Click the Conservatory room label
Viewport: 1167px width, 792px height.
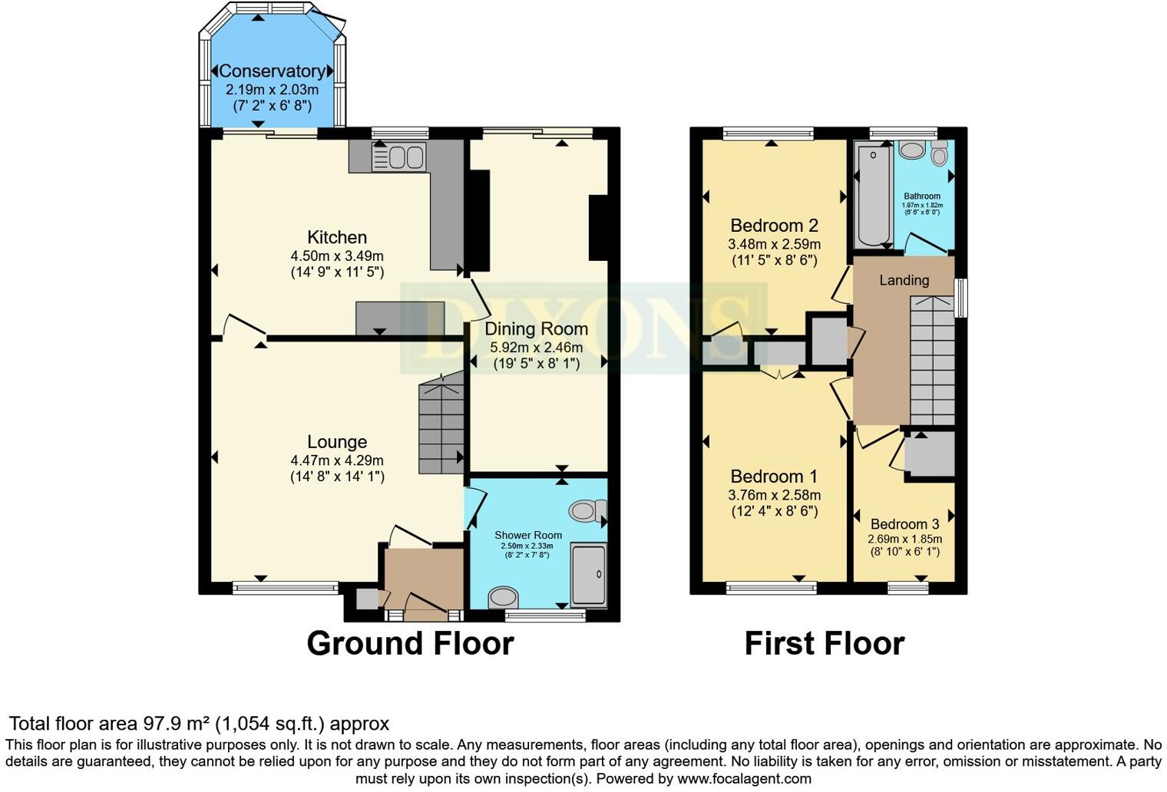point(273,71)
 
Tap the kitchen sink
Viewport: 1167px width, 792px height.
point(398,157)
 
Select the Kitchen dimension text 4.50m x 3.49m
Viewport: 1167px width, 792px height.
point(337,256)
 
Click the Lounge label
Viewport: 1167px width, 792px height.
point(337,442)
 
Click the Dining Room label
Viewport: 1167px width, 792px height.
point(536,329)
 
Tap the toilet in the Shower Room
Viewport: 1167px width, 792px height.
point(588,511)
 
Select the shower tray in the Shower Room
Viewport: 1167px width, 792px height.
point(589,575)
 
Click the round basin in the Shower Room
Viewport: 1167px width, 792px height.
point(504,597)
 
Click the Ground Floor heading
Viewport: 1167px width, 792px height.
point(410,643)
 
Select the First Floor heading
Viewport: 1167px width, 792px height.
point(824,643)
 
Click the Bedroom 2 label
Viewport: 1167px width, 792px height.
point(774,226)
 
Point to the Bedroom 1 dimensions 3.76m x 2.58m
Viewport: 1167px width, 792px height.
point(774,495)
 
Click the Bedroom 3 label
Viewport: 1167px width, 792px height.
point(904,524)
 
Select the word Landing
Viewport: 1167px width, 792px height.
point(904,281)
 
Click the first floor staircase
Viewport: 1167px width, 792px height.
point(932,361)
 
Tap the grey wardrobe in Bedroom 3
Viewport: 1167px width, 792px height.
point(930,455)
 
